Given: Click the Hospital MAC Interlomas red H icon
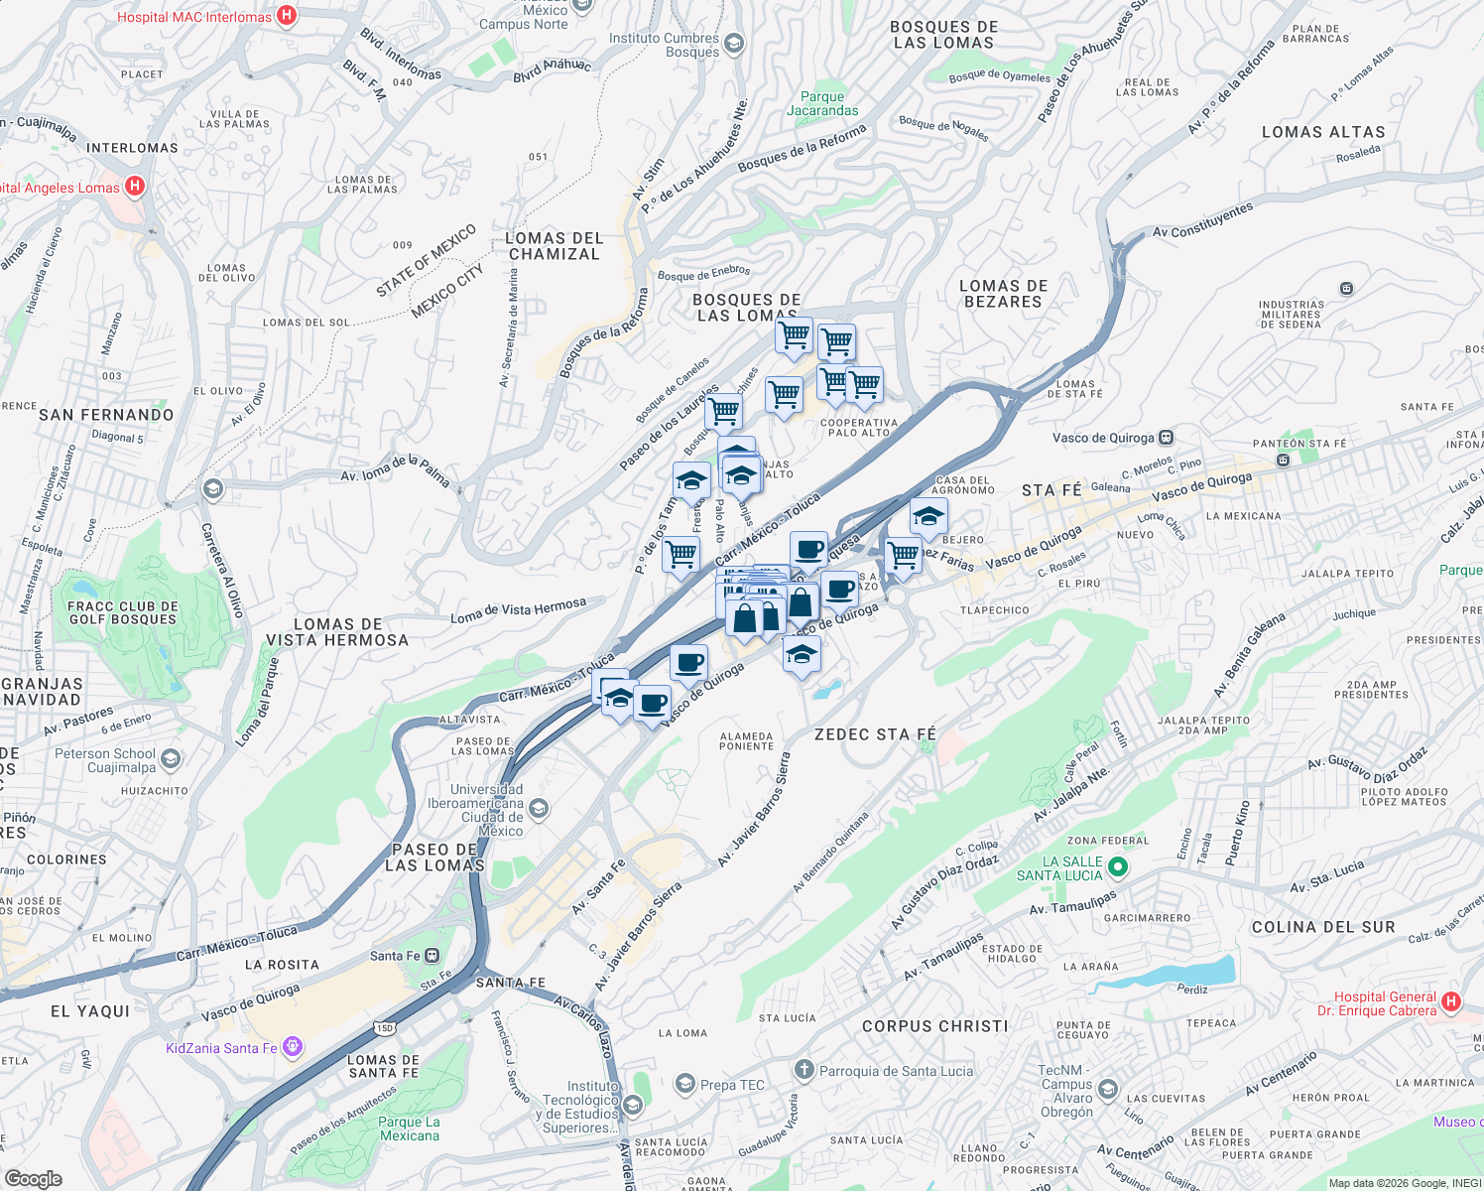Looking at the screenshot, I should (287, 15).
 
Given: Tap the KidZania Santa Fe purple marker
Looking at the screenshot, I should (292, 1047).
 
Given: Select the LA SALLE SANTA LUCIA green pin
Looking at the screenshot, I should (1118, 868).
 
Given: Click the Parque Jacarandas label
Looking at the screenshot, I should (822, 104).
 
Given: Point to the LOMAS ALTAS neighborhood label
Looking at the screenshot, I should (1323, 132).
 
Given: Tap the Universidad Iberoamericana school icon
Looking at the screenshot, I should (538, 808).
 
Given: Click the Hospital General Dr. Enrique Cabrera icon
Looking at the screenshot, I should (1451, 1002).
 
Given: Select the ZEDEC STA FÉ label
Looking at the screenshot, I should (875, 734).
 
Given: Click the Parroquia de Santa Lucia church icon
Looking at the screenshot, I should (804, 1070).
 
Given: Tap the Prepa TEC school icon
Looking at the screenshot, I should (684, 1084).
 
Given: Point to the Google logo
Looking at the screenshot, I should (33, 1179).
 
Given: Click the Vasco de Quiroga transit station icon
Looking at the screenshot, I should (1167, 438).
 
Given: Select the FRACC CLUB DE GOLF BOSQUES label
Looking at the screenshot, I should (122, 612).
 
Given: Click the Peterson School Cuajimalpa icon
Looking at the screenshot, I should (171, 759).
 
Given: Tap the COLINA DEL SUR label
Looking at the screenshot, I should (1323, 927).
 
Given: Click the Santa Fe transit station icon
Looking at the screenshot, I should (432, 956).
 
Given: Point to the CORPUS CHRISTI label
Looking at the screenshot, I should (934, 1026).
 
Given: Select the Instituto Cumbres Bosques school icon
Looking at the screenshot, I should (733, 43).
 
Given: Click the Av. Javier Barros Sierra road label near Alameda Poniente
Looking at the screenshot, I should (755, 809).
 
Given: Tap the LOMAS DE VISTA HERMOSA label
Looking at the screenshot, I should (337, 632).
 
